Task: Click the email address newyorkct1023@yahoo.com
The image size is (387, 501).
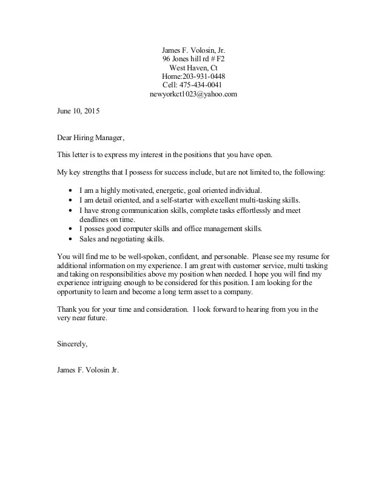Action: click(193, 95)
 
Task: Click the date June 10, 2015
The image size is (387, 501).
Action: click(78, 112)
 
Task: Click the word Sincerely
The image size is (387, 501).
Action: click(72, 344)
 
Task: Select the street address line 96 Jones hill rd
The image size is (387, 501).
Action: click(193, 59)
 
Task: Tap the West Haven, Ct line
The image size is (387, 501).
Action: click(193, 68)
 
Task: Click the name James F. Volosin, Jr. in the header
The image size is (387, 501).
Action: click(193, 50)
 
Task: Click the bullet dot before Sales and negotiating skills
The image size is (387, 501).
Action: click(72, 239)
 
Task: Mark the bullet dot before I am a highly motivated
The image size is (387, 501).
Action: click(72, 190)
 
